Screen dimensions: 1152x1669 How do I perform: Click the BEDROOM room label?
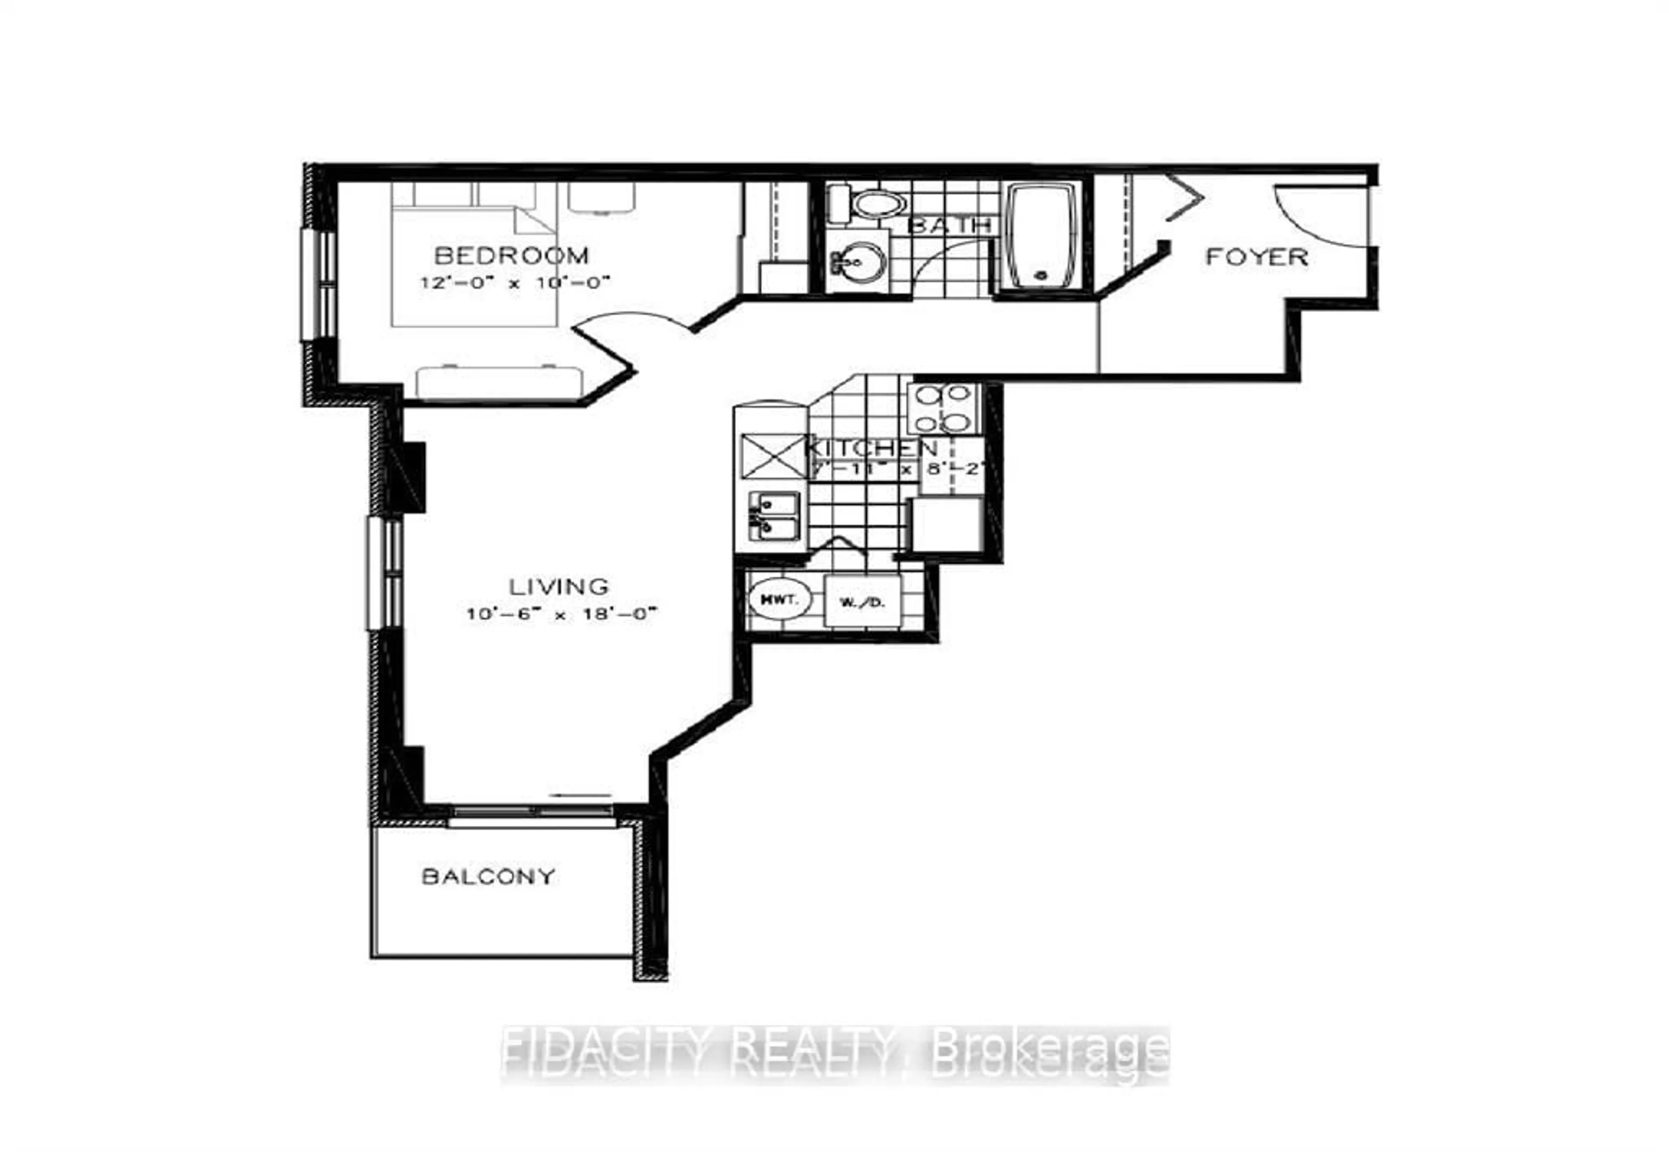[x=511, y=256]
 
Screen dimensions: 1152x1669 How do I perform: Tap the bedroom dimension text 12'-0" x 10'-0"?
[x=515, y=282]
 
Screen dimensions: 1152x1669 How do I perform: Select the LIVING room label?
[x=559, y=586]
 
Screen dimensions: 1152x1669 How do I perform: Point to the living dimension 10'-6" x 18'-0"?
[x=562, y=614]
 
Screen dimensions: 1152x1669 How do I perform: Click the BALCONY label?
[x=488, y=876]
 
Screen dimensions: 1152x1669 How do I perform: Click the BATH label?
[x=948, y=225]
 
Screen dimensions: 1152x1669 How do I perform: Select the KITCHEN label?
[x=871, y=448]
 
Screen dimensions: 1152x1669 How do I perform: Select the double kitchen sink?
[x=773, y=516]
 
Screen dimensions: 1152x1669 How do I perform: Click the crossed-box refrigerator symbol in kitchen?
[x=772, y=455]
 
